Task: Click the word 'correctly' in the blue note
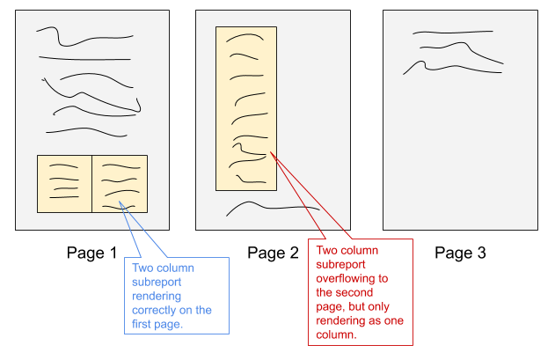(x=150, y=311)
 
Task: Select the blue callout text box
(x=177, y=295)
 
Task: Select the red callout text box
(x=360, y=292)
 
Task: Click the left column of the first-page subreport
(x=64, y=183)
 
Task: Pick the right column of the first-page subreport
(x=120, y=183)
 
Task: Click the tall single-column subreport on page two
(x=246, y=107)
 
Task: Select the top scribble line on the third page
(x=451, y=33)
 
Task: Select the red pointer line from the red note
(x=304, y=202)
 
